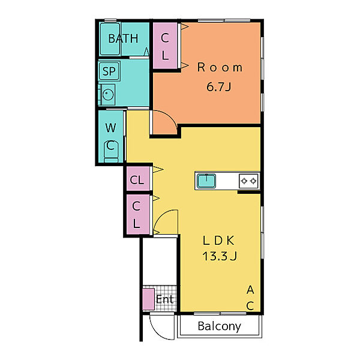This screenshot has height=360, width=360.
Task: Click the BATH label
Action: (x=123, y=38)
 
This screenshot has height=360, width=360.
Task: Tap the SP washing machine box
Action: (x=109, y=71)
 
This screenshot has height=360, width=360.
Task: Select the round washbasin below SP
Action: (x=108, y=94)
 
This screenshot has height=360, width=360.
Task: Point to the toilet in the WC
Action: (x=111, y=152)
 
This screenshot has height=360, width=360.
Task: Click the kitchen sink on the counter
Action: (x=206, y=181)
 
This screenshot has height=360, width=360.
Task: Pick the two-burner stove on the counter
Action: (x=248, y=181)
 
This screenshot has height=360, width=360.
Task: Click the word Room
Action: (x=220, y=67)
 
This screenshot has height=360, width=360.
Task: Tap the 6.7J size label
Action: (x=219, y=86)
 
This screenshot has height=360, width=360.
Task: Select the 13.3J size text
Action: (x=220, y=256)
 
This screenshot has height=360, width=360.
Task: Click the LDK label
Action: (x=218, y=241)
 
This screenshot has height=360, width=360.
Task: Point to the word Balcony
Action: (x=219, y=326)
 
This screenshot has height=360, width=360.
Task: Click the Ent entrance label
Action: (x=164, y=299)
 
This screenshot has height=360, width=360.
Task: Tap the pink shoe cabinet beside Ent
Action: (x=148, y=299)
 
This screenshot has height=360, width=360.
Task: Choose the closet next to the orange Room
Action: (x=165, y=46)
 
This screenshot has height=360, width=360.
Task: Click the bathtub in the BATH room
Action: (x=110, y=39)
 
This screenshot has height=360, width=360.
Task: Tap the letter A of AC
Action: (x=250, y=290)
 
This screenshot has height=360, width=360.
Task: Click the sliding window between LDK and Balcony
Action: (x=220, y=314)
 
